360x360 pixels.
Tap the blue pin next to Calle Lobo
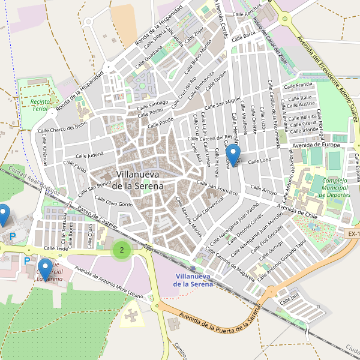231,155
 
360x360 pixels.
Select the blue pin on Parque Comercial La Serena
44,268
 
